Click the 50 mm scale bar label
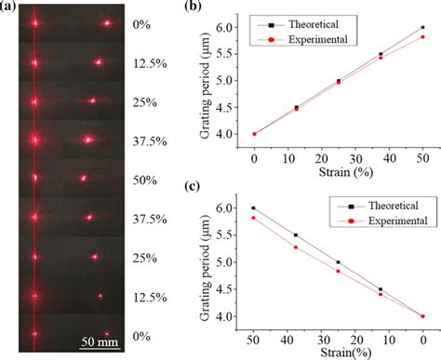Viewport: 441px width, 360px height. [100, 342]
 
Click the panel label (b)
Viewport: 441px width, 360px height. [193, 6]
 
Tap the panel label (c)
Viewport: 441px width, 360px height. [192, 186]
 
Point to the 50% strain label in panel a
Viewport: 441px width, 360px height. [145, 180]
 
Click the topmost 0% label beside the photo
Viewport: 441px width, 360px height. [141, 24]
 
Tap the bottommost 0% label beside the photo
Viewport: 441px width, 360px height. [141, 336]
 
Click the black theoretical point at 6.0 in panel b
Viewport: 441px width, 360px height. [422, 27]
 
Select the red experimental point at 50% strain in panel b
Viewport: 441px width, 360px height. [422, 37]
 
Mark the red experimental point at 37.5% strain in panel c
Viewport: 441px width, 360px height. [296, 247]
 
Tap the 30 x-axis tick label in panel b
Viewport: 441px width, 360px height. [355, 159]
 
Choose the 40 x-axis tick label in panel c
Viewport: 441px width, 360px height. [287, 340]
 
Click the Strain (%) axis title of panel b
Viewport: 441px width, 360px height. [346, 172]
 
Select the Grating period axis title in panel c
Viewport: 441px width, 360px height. [205, 268]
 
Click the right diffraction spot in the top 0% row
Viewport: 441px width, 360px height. [107, 23]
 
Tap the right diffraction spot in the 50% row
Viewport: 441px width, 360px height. [83, 178]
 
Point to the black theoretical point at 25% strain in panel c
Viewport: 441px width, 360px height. [339, 262]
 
